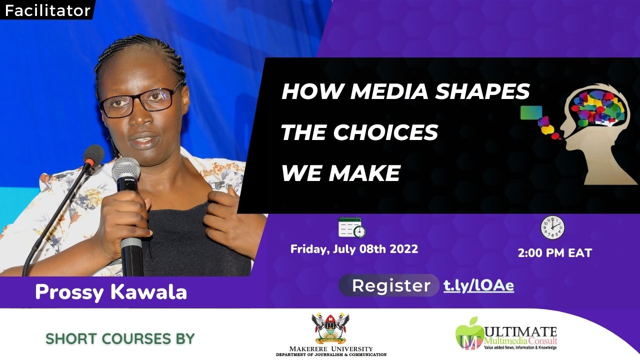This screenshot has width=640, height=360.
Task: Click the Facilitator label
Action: point(47,11)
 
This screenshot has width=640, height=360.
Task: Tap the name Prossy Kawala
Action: point(111,292)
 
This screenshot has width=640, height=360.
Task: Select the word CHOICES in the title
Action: point(385,132)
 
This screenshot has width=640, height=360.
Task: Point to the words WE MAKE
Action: point(341,173)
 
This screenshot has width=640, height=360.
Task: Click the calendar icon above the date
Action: point(352,227)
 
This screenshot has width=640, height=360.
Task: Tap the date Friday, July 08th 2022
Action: point(354,249)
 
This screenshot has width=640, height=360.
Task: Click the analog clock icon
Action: point(552,227)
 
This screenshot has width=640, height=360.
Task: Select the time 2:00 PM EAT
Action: point(555,253)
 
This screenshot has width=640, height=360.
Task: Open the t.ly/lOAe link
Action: point(478,285)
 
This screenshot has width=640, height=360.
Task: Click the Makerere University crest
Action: point(330,328)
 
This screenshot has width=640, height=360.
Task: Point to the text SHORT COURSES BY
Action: point(120,339)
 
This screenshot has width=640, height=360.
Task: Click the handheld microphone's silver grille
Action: point(125,169)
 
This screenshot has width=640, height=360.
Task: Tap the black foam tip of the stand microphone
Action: point(93,154)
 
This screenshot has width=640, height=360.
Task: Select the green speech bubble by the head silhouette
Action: point(531,112)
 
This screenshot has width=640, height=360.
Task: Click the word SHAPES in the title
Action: point(482,91)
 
